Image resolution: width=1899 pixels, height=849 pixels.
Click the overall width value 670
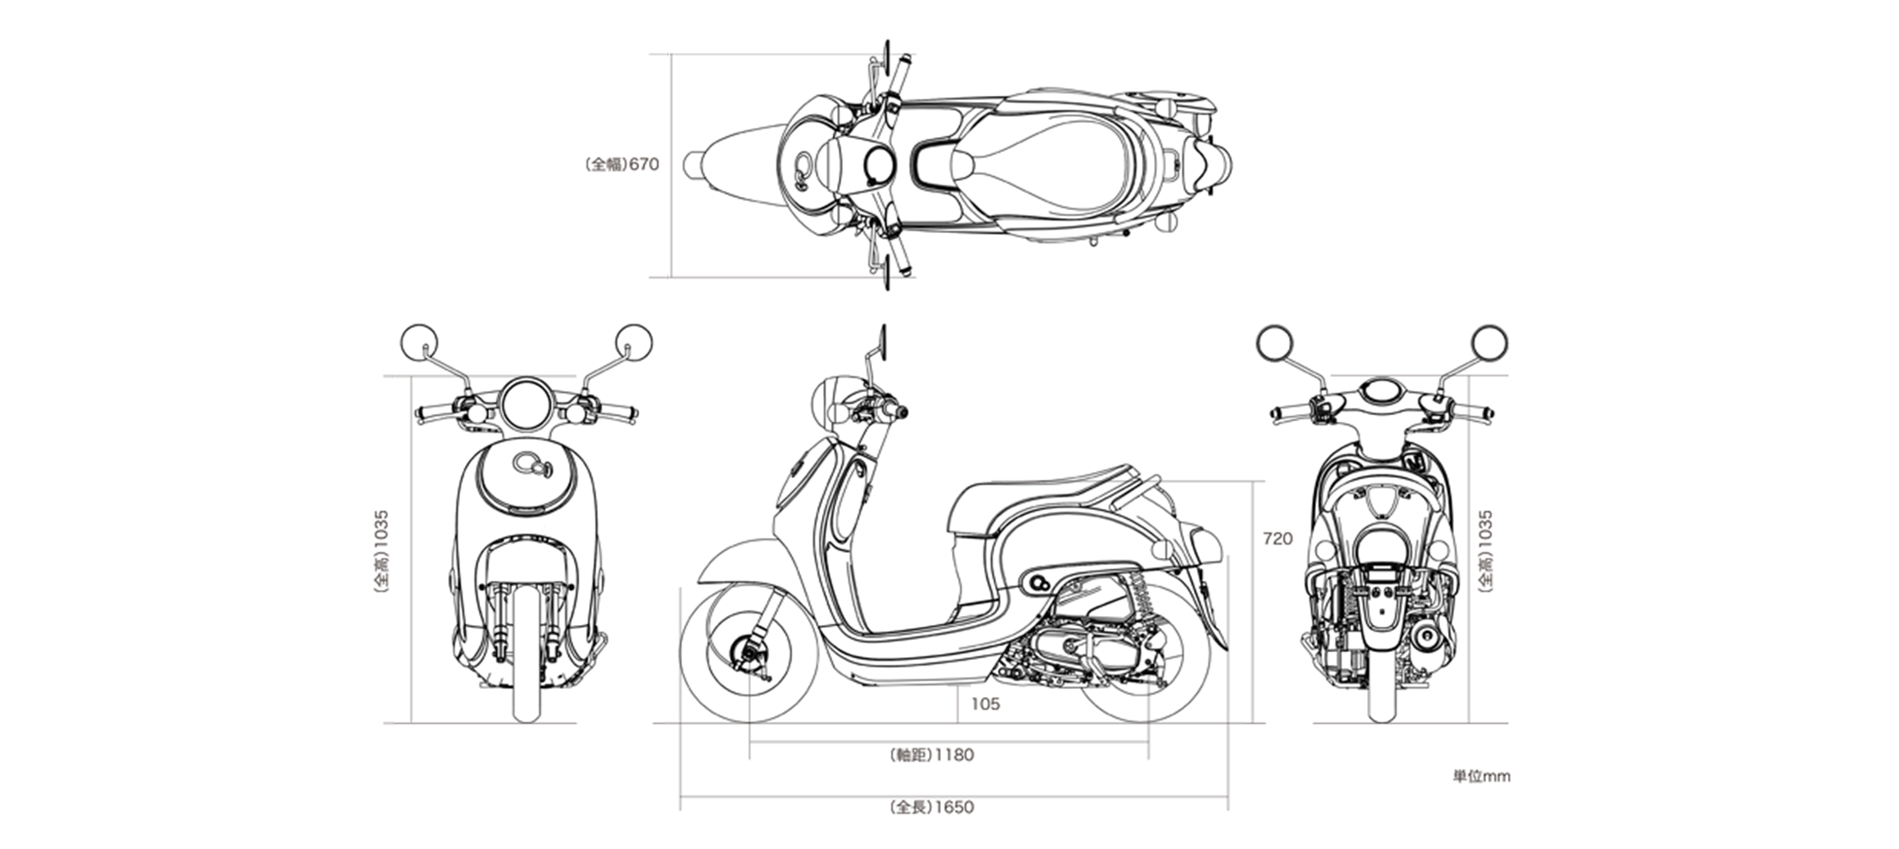pos(644,164)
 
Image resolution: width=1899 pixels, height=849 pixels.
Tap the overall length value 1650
pos(954,807)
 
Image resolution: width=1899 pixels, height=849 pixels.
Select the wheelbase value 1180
pos(954,754)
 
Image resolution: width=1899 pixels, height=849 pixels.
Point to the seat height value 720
pos(1277,539)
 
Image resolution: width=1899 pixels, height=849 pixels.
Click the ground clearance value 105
pos(985,703)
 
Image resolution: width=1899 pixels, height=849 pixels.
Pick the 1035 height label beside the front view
pos(381,529)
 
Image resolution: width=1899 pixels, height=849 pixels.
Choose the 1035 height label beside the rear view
pos(1485,529)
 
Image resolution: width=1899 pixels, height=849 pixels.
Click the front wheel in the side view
pos(749,655)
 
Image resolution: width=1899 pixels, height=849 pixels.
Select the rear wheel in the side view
pos(1147,655)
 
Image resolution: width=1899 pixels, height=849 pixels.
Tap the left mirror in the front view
pos(418,343)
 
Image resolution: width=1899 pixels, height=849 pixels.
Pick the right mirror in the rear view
pos(1490,343)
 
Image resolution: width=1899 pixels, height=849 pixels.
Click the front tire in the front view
pos(526,655)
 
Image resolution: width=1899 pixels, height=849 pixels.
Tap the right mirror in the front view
pos(635,343)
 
